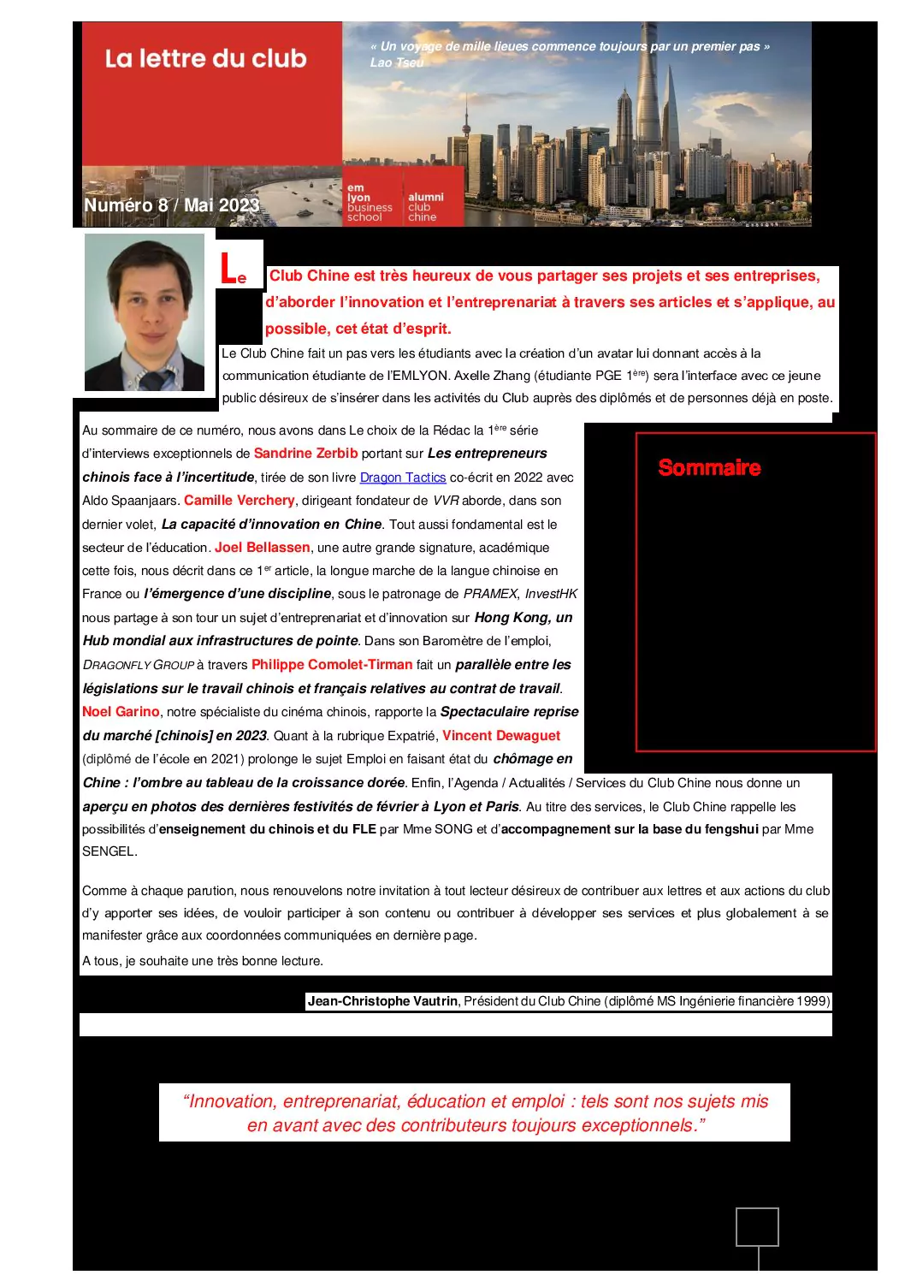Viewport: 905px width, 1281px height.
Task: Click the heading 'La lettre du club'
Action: (205, 59)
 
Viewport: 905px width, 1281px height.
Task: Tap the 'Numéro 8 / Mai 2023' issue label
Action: (171, 205)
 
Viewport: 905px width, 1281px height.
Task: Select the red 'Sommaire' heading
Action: (709, 468)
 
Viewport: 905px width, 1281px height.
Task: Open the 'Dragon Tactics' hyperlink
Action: (403, 477)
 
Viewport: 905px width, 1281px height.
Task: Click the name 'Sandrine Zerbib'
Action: (305, 454)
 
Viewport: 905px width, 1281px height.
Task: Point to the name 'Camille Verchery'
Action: (240, 501)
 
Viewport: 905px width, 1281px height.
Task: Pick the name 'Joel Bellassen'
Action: (263, 548)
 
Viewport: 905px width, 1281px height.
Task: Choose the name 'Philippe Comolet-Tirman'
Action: (332, 665)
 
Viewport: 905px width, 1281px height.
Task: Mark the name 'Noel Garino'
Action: (121, 712)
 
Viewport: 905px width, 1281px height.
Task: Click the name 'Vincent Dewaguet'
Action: (501, 736)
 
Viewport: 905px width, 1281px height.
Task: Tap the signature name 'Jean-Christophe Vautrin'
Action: (382, 1001)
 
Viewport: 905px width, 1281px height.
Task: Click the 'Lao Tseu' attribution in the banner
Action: (397, 62)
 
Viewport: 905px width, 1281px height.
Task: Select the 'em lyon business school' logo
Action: (370, 203)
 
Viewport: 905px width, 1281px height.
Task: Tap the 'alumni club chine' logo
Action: (425, 207)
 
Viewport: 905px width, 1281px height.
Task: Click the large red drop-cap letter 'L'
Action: (228, 270)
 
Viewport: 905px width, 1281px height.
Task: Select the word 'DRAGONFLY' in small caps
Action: (116, 665)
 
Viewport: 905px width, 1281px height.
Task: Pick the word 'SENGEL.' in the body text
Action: (109, 851)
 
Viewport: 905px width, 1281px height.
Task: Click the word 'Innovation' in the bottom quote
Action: (232, 1101)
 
